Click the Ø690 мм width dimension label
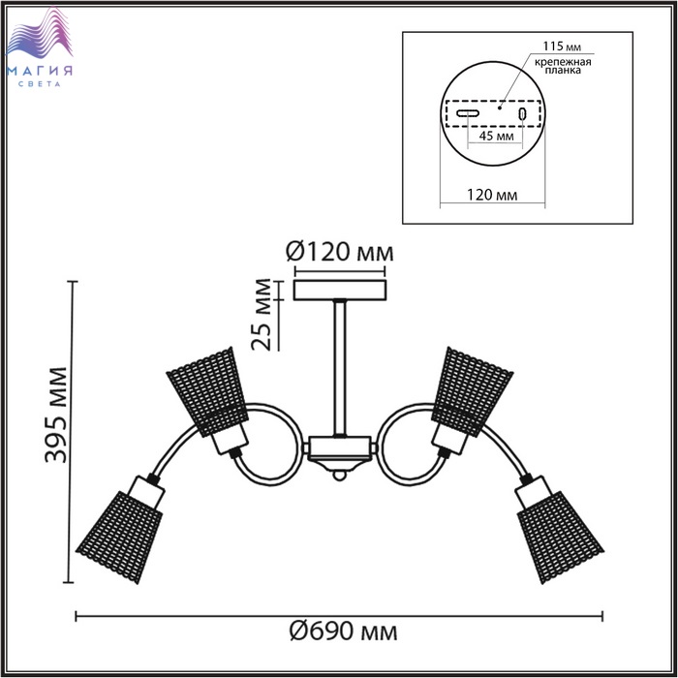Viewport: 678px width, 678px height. pyautogui.click(x=343, y=632)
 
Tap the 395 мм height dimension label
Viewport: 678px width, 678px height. pyautogui.click(x=56, y=416)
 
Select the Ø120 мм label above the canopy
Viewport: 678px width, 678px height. pyautogui.click(x=339, y=252)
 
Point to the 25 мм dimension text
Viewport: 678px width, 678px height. pyautogui.click(x=262, y=315)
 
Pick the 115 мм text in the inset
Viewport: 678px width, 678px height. pyautogui.click(x=562, y=46)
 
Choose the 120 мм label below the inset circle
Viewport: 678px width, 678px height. pyautogui.click(x=492, y=195)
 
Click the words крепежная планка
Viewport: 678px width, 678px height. pyautogui.click(x=563, y=66)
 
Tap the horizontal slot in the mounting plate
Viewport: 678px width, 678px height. pyautogui.click(x=468, y=113)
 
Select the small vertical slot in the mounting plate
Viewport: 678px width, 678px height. pyautogui.click(x=522, y=113)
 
